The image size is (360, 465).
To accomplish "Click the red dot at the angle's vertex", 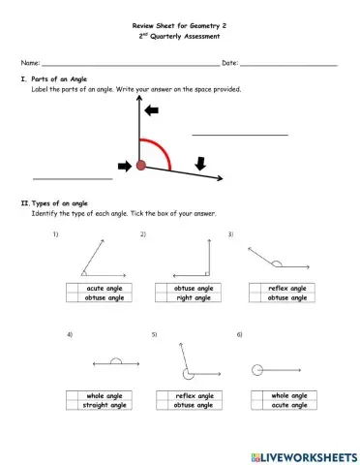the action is pyautogui.click(x=141, y=167).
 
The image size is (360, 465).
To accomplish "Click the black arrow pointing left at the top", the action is pyautogui.click(x=153, y=112).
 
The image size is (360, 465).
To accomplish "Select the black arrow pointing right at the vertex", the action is pyautogui.click(x=123, y=166).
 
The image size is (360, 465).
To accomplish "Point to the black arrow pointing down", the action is pyautogui.click(x=200, y=164).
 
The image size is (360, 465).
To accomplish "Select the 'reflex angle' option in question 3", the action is pyautogui.click(x=256, y=289).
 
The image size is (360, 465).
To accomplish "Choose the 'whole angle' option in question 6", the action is pyautogui.click(x=256, y=395).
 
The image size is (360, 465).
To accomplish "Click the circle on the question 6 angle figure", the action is pyautogui.click(x=256, y=369).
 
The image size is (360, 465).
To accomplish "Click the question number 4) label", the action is pyautogui.click(x=70, y=334).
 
